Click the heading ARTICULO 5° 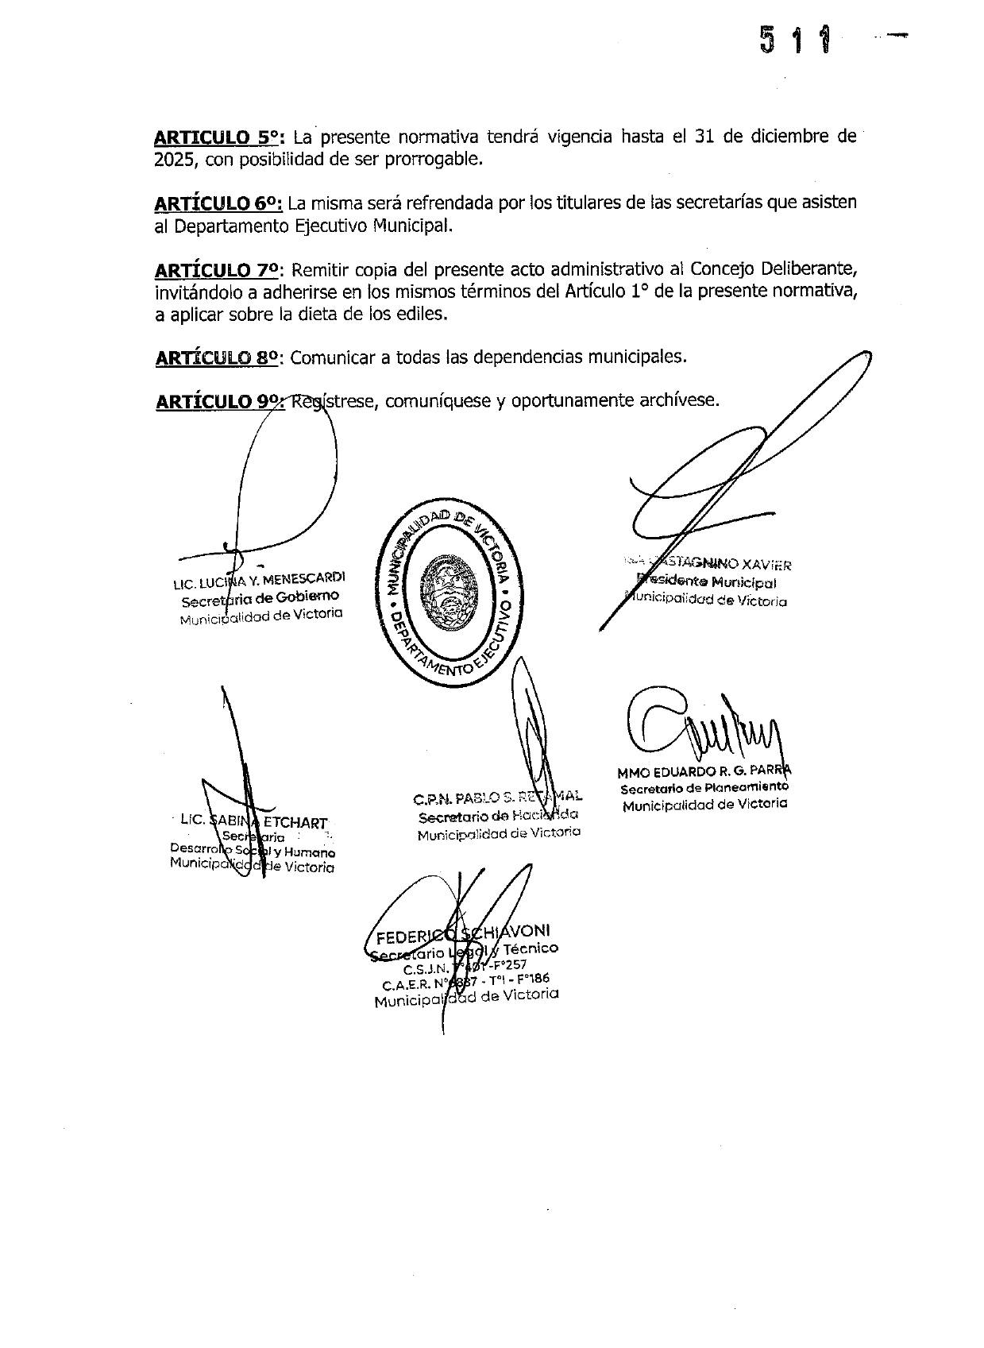[218, 137]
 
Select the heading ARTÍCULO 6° [218, 203]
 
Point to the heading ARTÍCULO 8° [218, 357]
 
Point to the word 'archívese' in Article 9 [678, 400]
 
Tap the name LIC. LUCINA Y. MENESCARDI [259, 580]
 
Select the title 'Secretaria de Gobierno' [260, 597]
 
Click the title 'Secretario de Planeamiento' [704, 788]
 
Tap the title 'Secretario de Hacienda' [498, 816]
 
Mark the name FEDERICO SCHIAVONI [463, 933]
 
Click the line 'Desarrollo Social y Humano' [253, 851]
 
